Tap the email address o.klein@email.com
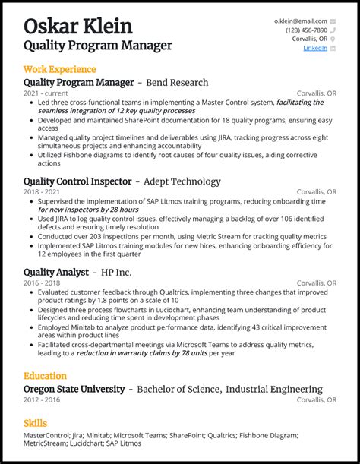click(x=301, y=21)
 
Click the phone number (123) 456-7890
click(x=307, y=30)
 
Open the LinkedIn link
click(x=315, y=48)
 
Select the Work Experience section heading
click(x=59, y=69)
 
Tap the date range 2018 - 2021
click(x=41, y=192)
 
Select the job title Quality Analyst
click(x=55, y=272)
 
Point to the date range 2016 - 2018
click(x=41, y=283)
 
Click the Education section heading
click(x=45, y=376)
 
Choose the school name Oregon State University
click(x=74, y=389)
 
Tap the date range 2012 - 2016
click(x=41, y=399)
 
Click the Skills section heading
click(x=36, y=423)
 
